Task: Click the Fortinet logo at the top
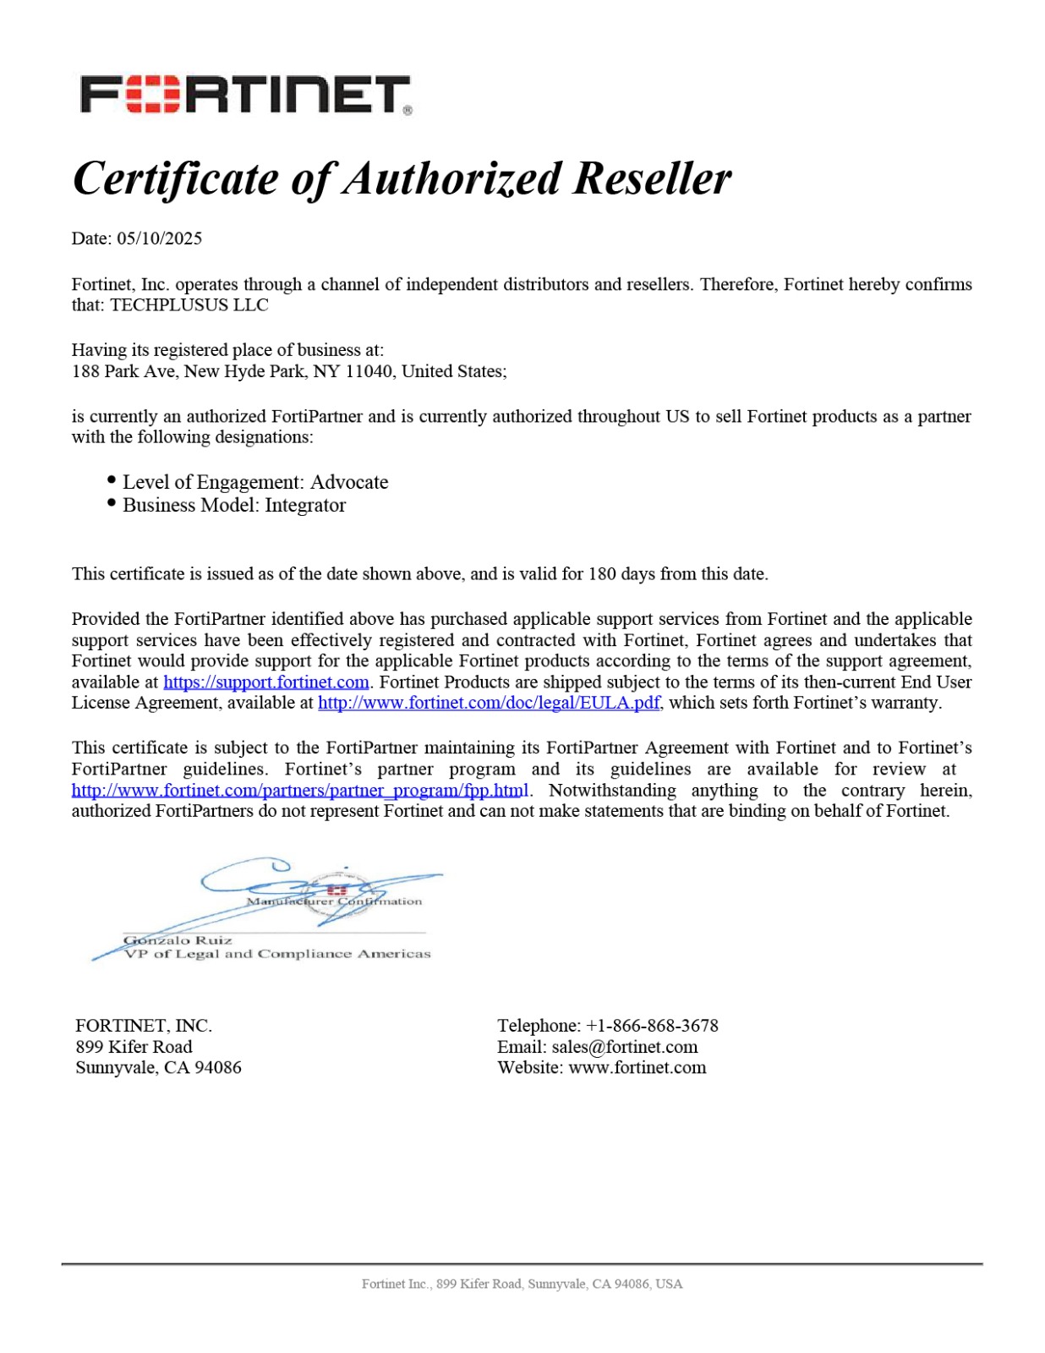(245, 95)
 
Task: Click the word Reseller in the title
(653, 179)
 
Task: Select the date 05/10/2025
(159, 238)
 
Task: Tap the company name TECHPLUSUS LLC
(189, 305)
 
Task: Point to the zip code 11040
(369, 371)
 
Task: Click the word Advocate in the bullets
(349, 482)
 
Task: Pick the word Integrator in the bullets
(305, 505)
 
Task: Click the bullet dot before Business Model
(112, 503)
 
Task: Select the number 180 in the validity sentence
(602, 574)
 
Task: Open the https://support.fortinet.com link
(266, 682)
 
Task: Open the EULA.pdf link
(489, 703)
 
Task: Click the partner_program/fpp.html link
(300, 791)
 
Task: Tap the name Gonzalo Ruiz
(178, 940)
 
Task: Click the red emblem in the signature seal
(337, 890)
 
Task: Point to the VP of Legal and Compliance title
(277, 954)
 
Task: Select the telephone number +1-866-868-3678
(652, 1026)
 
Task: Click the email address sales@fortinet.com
(625, 1047)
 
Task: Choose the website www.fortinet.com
(637, 1068)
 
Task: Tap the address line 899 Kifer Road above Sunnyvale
(134, 1047)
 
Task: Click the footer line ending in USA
(522, 1284)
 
